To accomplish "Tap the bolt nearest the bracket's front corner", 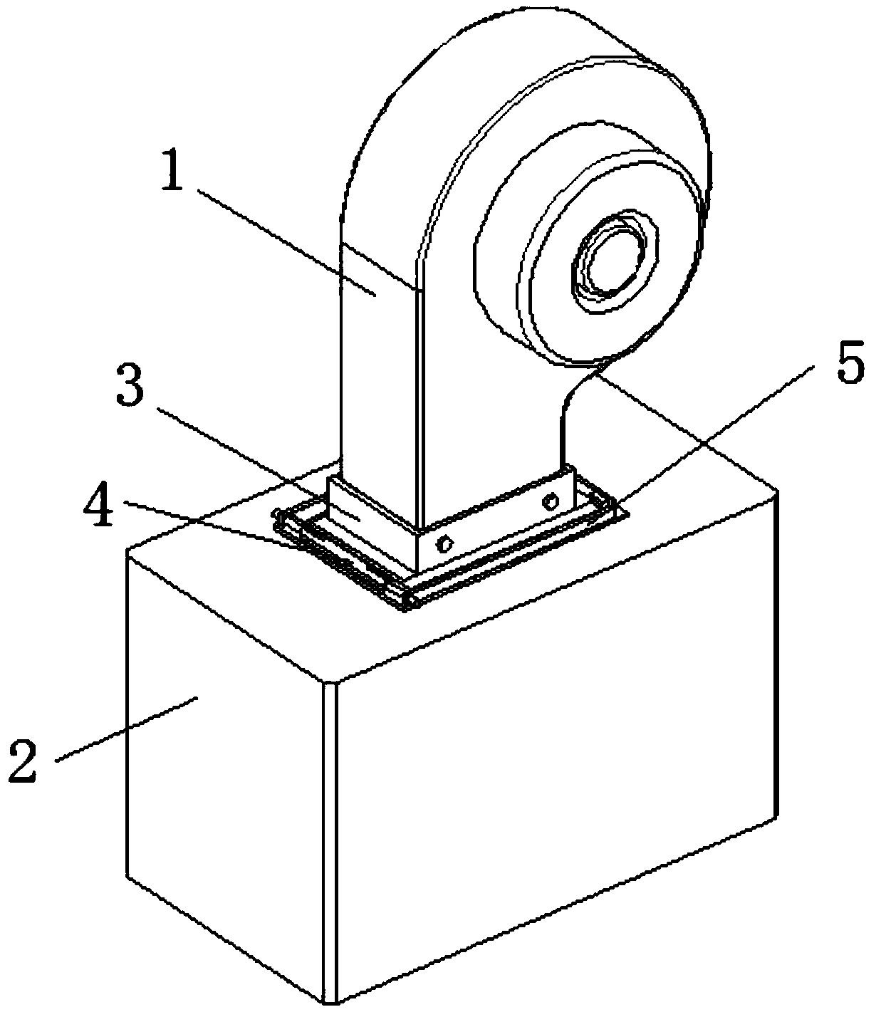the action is [444, 545].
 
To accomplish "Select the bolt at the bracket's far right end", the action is [549, 503].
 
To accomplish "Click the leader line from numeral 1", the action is [285, 239].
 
